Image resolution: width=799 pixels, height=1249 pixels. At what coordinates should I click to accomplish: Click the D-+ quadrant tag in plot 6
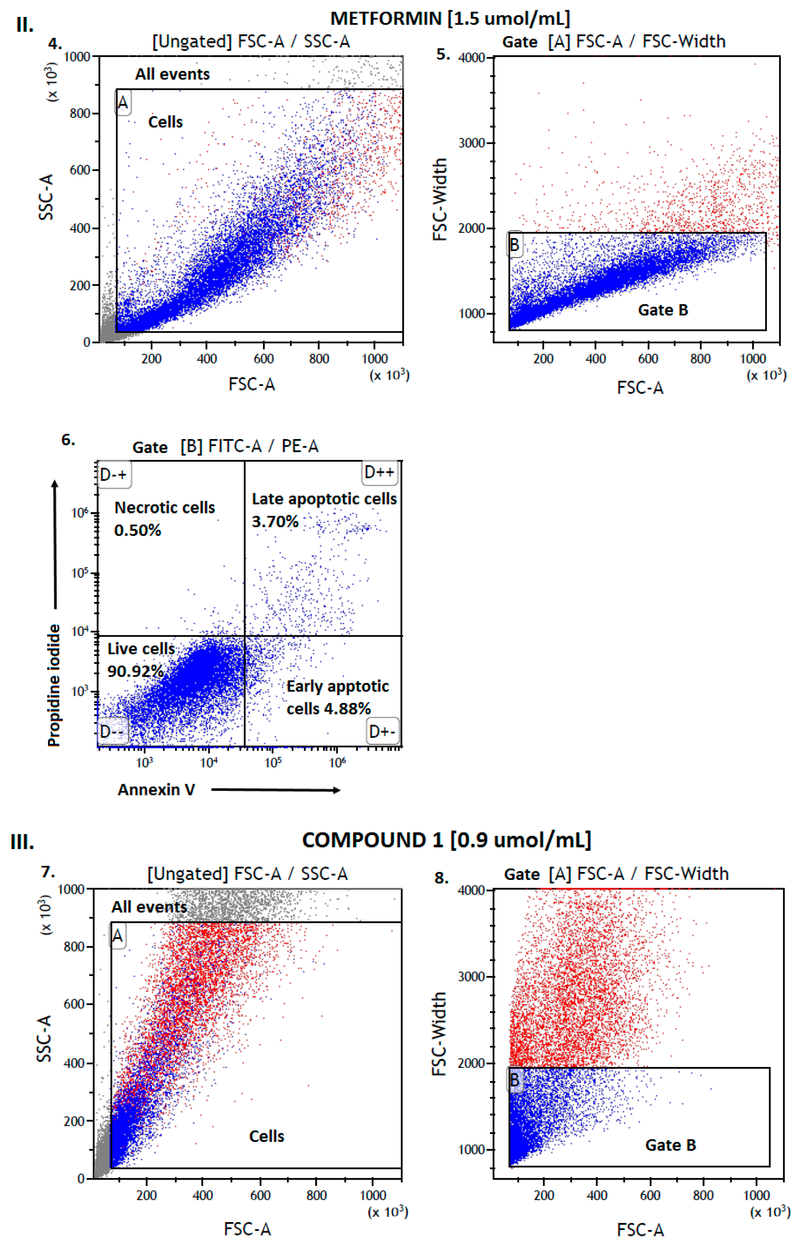point(114,474)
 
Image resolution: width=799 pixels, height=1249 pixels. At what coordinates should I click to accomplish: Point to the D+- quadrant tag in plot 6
point(382,731)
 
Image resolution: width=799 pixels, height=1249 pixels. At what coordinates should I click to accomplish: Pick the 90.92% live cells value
point(135,671)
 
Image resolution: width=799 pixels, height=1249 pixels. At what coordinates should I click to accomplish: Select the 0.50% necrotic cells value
point(137,530)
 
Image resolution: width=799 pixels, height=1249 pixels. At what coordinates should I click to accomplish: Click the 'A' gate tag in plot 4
point(122,103)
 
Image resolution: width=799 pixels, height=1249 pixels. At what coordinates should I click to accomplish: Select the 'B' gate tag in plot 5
point(514,244)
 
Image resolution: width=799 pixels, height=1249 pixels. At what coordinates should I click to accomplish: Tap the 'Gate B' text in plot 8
point(670,1145)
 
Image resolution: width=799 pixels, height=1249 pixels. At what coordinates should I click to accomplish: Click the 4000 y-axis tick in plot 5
point(471,58)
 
